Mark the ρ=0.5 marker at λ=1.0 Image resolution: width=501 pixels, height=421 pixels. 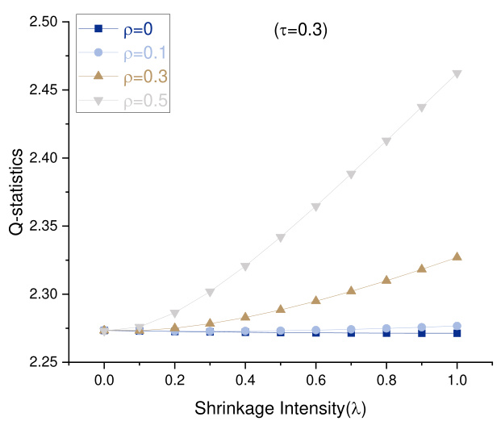(x=457, y=74)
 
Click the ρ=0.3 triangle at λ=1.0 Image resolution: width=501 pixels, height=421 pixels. (x=457, y=256)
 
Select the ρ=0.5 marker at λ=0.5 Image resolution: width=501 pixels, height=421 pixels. (x=281, y=238)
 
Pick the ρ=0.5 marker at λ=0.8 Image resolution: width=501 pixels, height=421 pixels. (x=386, y=142)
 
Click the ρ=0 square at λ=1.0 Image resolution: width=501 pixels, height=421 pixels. (x=457, y=332)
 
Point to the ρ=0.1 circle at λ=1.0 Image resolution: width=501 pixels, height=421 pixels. (x=457, y=326)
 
